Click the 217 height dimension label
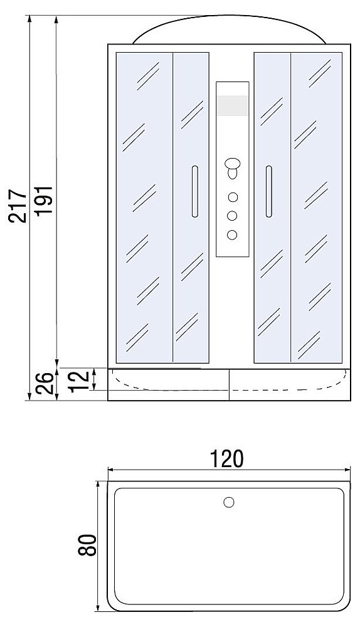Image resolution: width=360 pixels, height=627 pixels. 19,206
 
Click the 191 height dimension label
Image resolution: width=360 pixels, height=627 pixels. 44,201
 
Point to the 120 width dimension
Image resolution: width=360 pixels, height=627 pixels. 227,459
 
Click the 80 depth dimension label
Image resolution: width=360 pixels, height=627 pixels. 87,545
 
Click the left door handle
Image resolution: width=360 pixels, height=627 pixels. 195,191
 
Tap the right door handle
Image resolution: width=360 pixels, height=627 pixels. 269,191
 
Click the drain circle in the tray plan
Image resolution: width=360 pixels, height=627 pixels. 229,502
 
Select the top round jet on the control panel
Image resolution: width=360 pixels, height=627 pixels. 233,197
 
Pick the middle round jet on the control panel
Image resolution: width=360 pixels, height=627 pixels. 232,216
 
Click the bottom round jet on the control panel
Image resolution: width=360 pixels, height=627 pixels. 232,234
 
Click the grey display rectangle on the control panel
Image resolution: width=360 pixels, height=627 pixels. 233,105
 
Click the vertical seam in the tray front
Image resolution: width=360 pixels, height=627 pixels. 229,384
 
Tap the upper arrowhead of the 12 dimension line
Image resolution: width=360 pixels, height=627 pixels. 95,371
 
